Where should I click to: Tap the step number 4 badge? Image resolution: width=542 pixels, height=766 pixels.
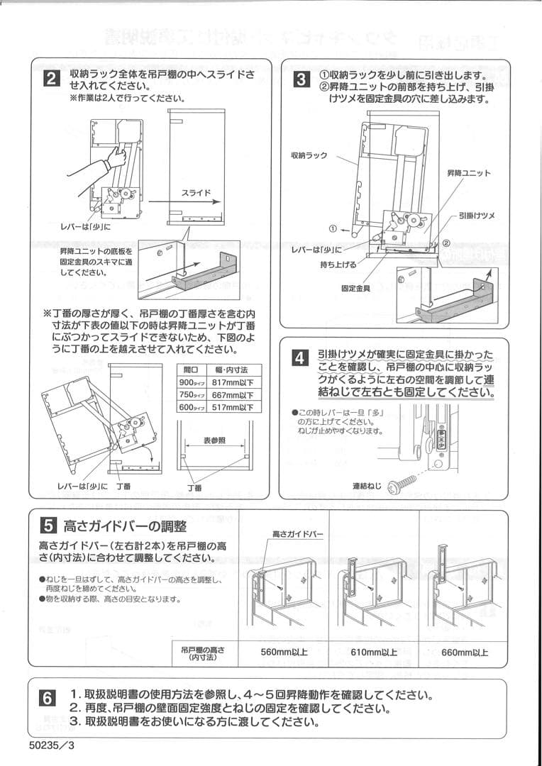[302, 358]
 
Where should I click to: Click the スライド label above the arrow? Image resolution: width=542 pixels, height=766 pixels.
[196, 192]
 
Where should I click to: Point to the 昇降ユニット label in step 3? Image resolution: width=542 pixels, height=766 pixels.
[468, 173]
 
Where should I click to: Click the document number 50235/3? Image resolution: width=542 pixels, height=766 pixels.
[52, 745]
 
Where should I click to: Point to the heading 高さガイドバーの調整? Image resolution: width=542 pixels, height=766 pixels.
[125, 526]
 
